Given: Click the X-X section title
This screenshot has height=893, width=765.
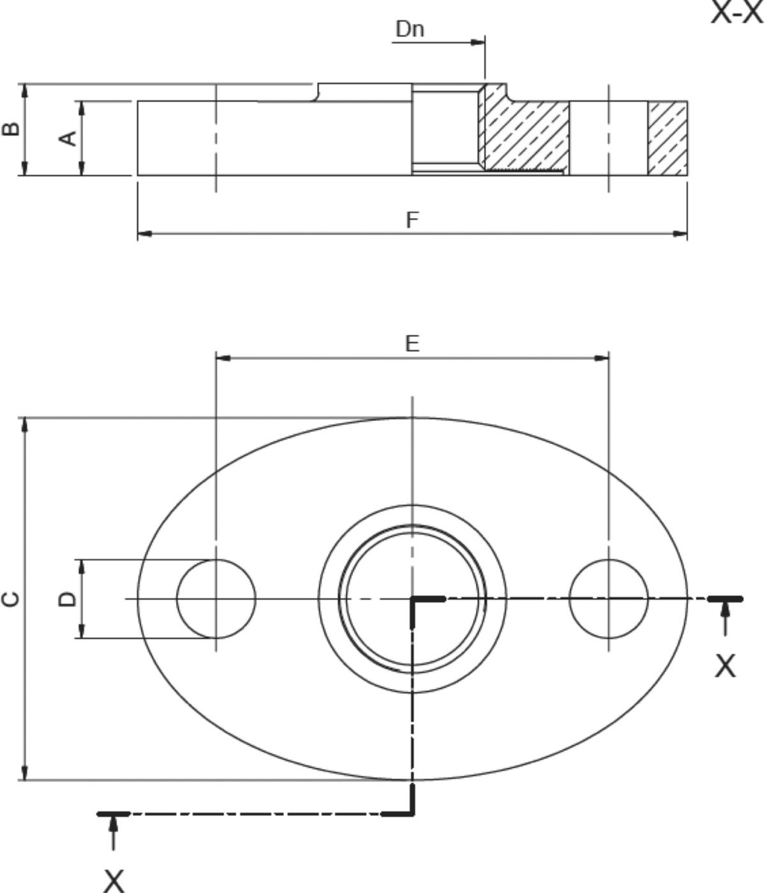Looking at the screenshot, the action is click(x=738, y=12).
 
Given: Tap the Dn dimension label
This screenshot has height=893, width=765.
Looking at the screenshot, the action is click(x=410, y=29).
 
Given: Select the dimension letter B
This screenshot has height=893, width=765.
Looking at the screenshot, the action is click(x=11, y=129).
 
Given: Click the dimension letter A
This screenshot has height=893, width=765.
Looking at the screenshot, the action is click(x=68, y=138).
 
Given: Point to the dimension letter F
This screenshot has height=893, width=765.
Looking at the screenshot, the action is click(x=412, y=220).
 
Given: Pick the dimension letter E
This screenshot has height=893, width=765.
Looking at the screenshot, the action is click(x=412, y=344).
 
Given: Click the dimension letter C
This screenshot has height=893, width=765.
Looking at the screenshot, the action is click(x=11, y=599).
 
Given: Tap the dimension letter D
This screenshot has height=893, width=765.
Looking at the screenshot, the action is click(x=68, y=599).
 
